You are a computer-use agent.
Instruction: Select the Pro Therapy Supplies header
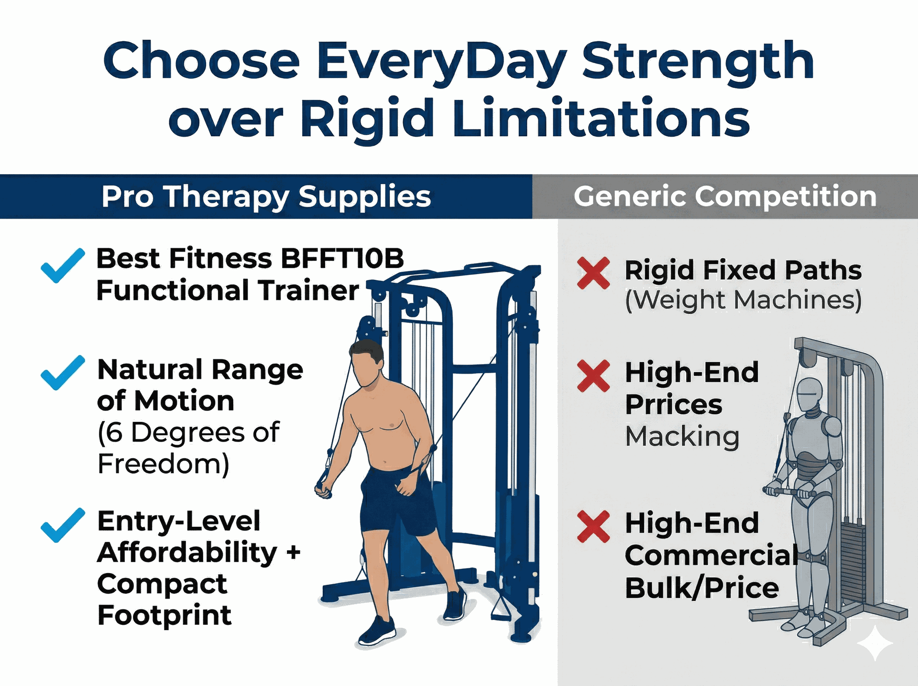click(x=266, y=197)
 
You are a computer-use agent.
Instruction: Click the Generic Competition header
click(x=725, y=197)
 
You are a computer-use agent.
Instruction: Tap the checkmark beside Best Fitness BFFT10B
click(x=63, y=266)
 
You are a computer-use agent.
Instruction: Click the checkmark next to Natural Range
click(x=63, y=373)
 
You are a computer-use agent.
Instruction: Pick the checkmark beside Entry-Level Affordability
click(x=63, y=525)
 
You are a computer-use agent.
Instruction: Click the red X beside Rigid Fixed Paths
click(x=593, y=273)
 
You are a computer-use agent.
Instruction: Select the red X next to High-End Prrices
click(x=593, y=376)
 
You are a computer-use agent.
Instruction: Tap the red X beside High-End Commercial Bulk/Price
click(x=593, y=526)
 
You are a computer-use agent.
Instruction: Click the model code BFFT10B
click(x=341, y=259)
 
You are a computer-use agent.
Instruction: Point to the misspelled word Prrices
click(x=673, y=405)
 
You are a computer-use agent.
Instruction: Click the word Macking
click(x=682, y=436)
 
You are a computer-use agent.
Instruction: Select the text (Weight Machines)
click(x=743, y=300)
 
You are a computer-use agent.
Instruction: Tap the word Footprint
click(x=164, y=615)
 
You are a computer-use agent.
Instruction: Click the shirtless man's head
click(x=367, y=363)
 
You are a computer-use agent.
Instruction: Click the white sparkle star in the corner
click(x=874, y=643)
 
